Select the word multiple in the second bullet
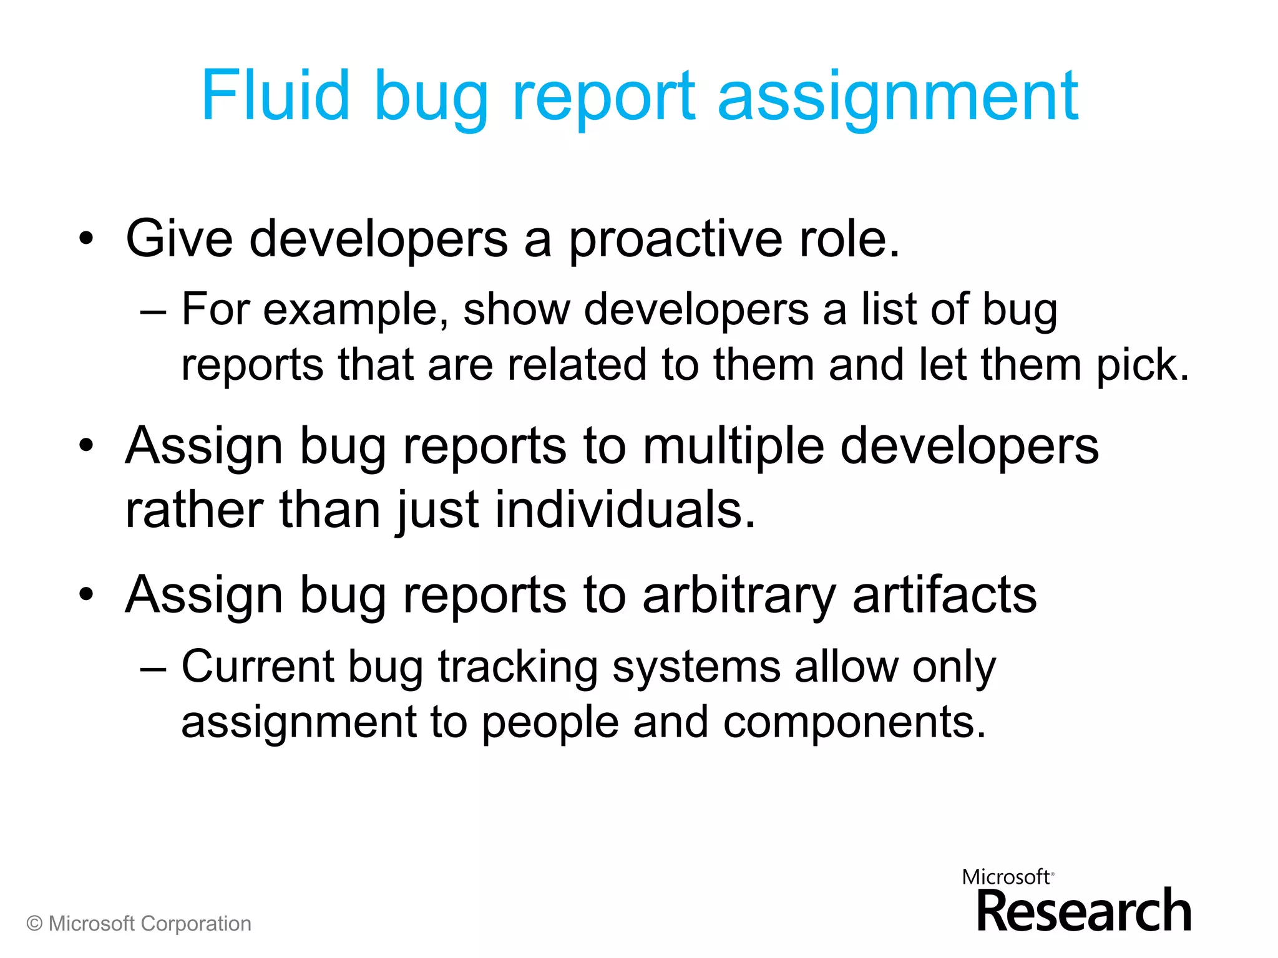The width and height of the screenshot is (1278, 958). pos(733,448)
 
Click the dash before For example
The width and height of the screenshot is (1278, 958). pos(154,311)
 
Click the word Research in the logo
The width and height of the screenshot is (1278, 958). pos(1083,912)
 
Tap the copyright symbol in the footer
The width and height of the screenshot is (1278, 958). pos(35,924)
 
